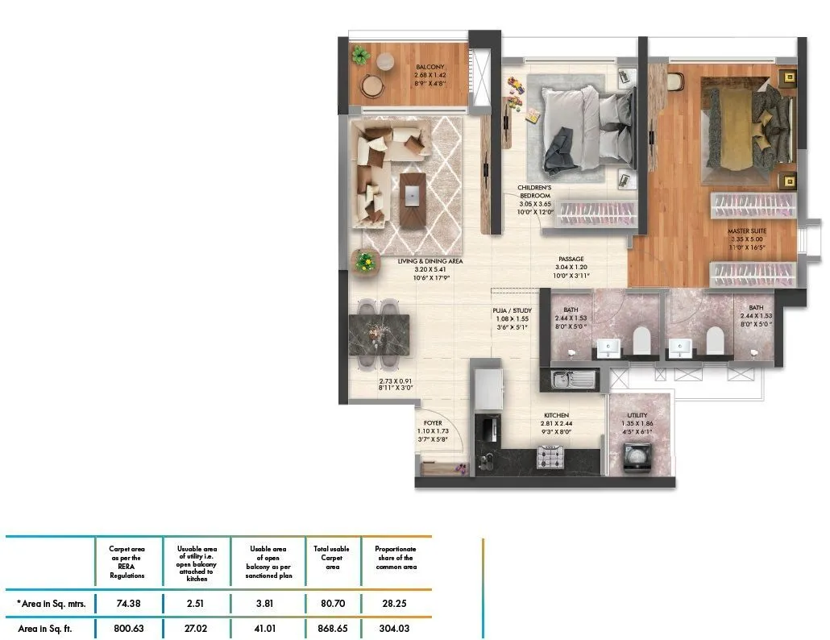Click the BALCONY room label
(430, 68)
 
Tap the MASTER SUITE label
(746, 231)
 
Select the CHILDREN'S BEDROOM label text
(534, 191)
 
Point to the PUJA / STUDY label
(512, 310)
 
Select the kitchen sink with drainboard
(573, 377)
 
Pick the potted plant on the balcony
(360, 56)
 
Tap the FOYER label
(433, 422)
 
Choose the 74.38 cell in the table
(129, 602)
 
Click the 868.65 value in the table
(332, 628)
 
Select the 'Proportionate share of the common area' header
(396, 558)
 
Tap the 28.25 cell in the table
(396, 602)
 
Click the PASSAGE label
(571, 259)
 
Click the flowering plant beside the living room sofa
(365, 260)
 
